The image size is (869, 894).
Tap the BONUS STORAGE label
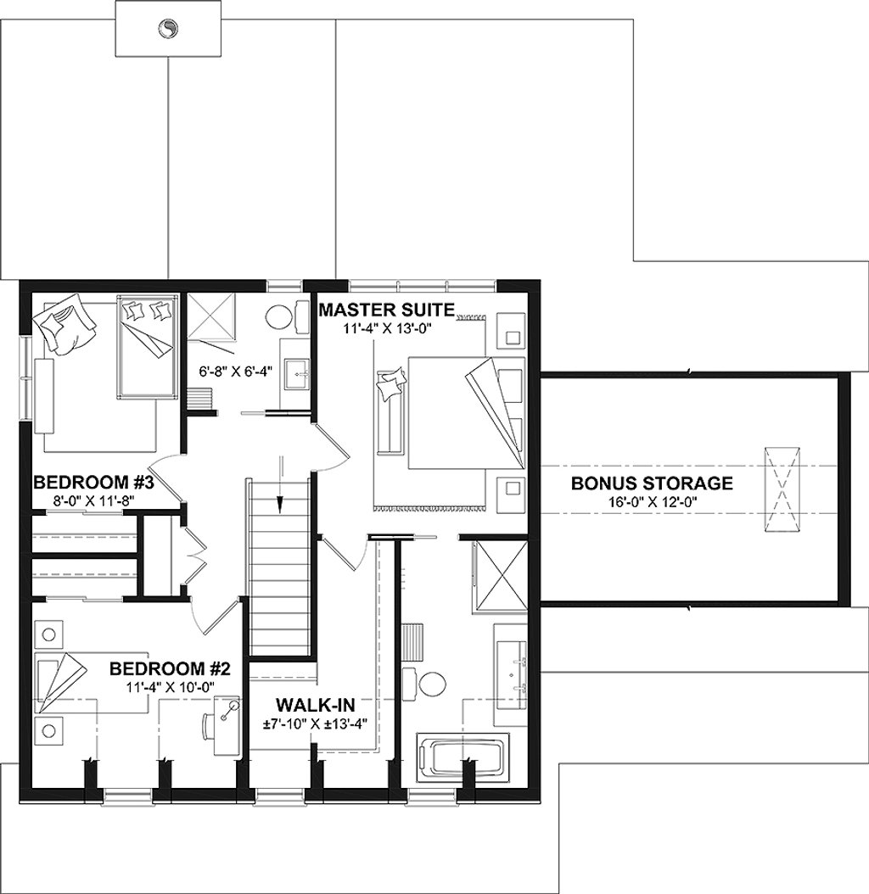pos(652,483)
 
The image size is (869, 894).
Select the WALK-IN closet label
pos(315,704)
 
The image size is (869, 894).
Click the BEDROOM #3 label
pos(93,483)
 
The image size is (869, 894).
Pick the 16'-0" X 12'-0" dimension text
pos(652,501)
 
